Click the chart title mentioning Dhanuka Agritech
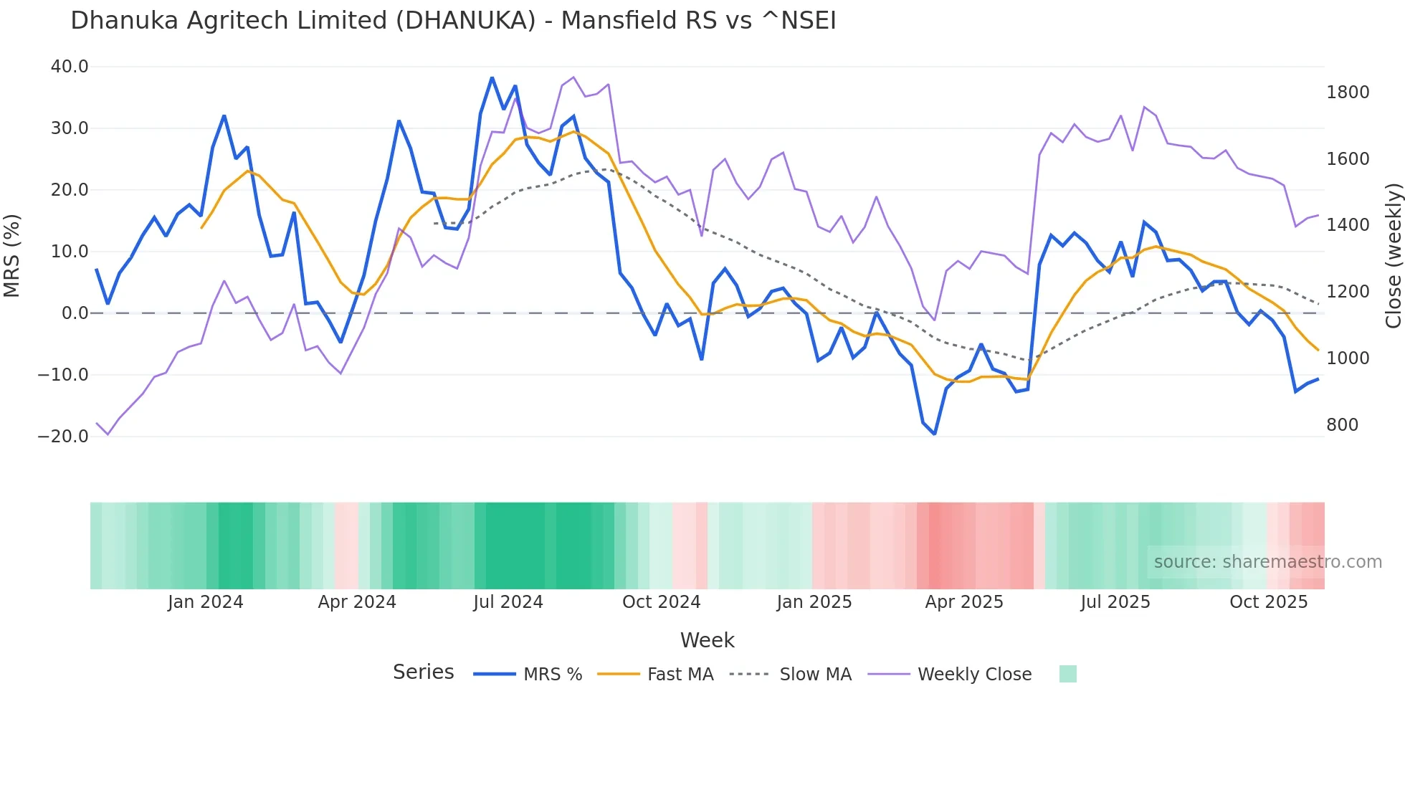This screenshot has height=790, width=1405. (453, 21)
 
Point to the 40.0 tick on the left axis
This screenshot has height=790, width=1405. (70, 67)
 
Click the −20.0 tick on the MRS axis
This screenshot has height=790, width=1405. (63, 436)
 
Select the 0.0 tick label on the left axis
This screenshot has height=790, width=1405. (75, 313)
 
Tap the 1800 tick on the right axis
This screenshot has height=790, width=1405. (1348, 92)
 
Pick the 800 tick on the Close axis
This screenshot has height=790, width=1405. (1342, 425)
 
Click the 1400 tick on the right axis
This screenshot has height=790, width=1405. (1348, 225)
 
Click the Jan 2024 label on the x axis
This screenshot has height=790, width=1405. (206, 602)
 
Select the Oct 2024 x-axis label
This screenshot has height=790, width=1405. (661, 602)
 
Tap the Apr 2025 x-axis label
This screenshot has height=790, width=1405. (964, 602)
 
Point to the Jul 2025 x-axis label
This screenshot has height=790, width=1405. (1115, 602)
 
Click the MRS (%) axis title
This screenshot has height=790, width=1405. (12, 256)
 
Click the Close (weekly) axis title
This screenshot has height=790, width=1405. (1393, 256)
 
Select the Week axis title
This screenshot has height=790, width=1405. (707, 640)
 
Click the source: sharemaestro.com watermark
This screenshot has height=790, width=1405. (1267, 562)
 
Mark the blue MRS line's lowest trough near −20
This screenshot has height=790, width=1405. (934, 434)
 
